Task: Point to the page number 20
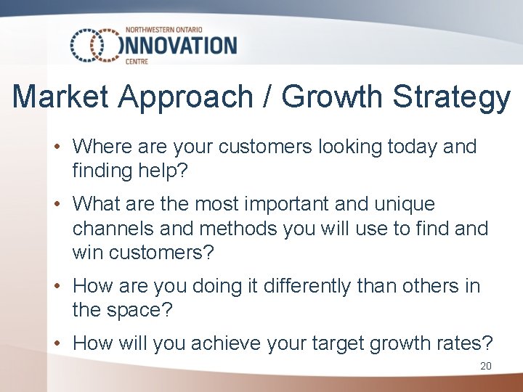(x=486, y=366)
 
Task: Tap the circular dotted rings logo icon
(x=94, y=46)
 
